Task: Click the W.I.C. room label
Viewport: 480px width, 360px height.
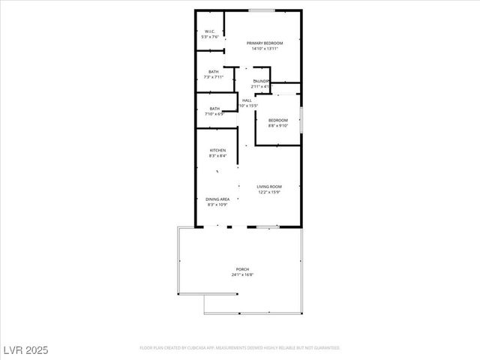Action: click(209, 31)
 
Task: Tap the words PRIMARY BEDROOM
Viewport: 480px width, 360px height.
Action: click(265, 43)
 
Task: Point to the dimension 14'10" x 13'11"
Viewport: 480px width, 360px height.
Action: click(265, 49)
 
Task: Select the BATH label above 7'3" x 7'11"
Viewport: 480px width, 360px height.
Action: click(214, 71)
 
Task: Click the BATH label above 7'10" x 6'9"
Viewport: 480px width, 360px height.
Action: click(214, 109)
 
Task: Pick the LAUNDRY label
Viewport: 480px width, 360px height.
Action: click(261, 81)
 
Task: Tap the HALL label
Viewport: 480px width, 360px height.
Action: click(247, 100)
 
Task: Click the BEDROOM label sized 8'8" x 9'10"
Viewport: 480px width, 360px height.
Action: click(278, 120)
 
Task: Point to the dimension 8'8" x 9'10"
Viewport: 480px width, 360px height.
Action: click(278, 126)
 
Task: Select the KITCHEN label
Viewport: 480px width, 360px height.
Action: click(217, 150)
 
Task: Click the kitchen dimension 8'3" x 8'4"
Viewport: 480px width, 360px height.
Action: click(217, 156)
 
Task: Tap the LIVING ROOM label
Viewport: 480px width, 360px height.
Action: click(268, 186)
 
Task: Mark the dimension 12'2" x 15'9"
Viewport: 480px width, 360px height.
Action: click(268, 192)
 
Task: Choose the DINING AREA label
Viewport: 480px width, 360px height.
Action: click(217, 199)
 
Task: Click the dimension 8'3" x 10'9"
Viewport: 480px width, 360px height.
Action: click(217, 205)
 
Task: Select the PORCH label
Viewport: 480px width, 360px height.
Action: click(242, 269)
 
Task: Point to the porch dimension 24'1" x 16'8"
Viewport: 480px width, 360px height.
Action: click(242, 275)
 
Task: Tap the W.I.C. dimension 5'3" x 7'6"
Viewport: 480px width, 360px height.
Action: click(209, 37)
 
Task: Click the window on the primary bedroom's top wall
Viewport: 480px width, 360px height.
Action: click(261, 10)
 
